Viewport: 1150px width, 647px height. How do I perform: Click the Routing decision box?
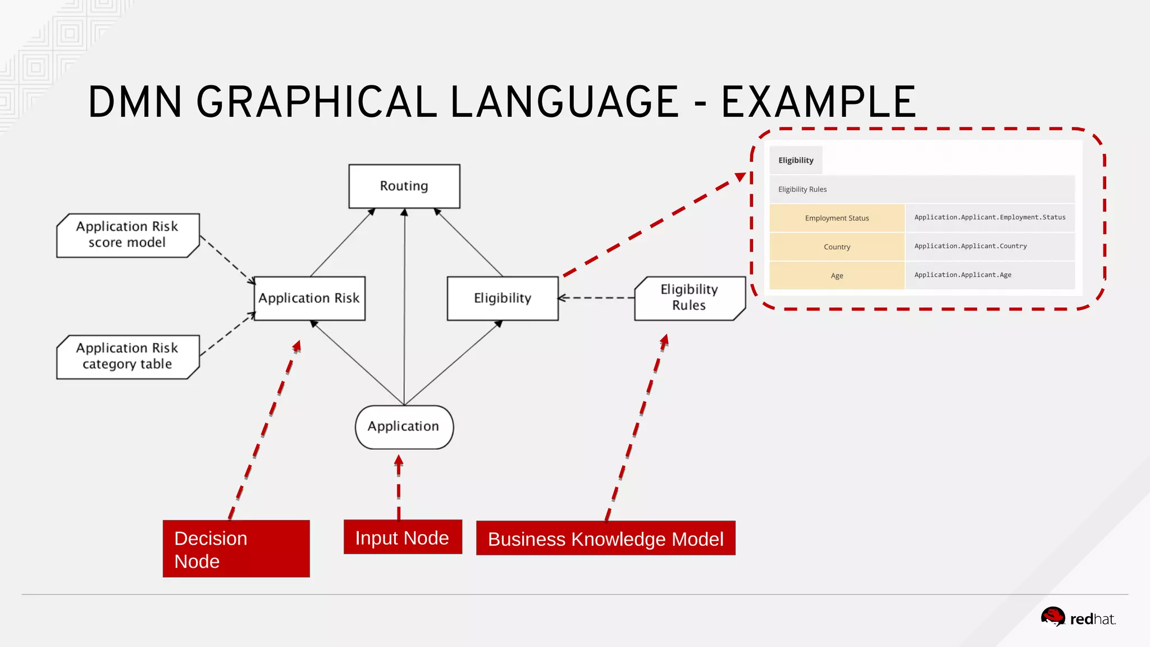[404, 186]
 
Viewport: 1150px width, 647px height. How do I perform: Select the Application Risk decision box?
[309, 298]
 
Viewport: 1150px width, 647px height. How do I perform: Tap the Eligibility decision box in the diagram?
[503, 298]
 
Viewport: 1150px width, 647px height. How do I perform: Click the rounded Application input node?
[404, 427]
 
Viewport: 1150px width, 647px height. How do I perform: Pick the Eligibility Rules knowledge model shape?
[689, 298]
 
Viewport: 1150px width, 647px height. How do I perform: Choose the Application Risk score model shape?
[127, 235]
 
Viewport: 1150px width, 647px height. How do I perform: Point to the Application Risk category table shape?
[127, 357]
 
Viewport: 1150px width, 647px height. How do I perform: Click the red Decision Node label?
[236, 549]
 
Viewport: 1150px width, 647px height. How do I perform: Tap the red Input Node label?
[403, 537]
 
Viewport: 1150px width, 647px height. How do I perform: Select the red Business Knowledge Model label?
[605, 539]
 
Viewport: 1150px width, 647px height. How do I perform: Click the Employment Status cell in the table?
[837, 218]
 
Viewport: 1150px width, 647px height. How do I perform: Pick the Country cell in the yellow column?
[837, 247]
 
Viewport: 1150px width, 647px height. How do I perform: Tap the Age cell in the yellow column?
[837, 275]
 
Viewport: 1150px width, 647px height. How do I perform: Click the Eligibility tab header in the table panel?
[796, 160]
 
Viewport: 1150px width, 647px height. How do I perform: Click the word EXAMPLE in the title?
[818, 102]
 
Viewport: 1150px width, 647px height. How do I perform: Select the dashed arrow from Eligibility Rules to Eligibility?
[596, 298]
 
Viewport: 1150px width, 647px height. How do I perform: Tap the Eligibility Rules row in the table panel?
[921, 189]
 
